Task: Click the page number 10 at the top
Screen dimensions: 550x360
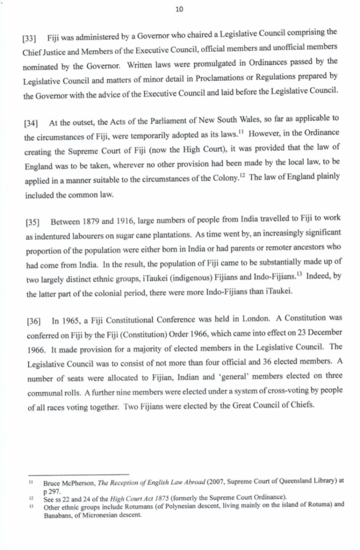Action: (179, 9)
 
